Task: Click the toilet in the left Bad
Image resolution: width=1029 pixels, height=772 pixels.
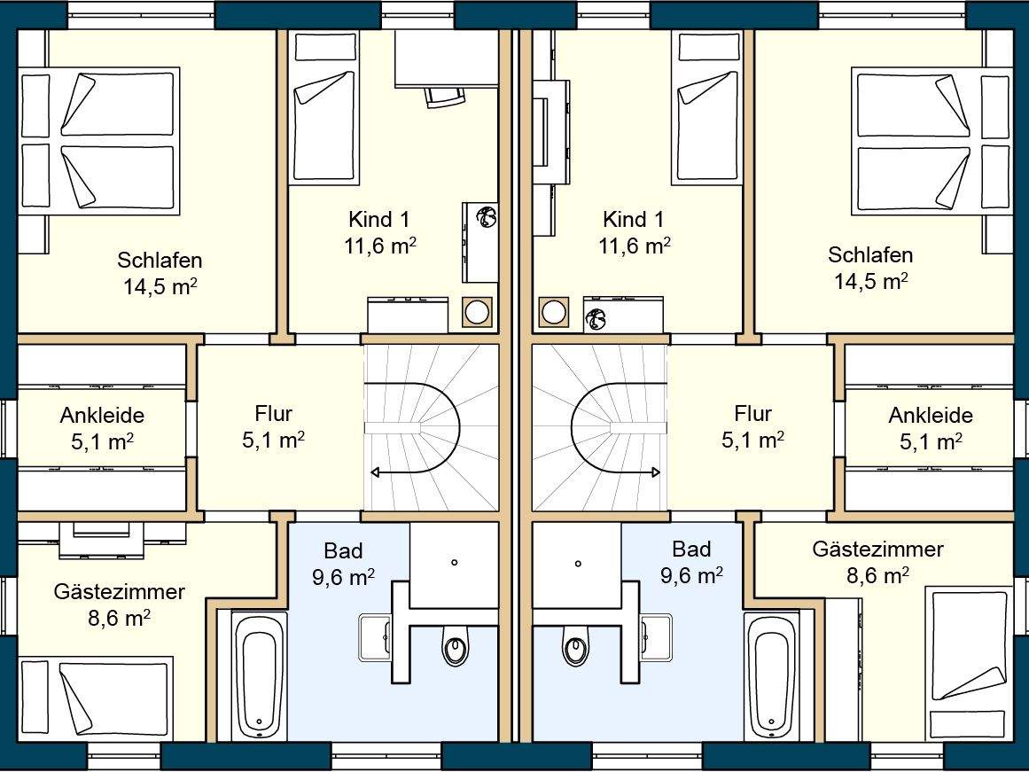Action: [456, 645]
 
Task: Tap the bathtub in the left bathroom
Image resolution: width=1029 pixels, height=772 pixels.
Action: [260, 676]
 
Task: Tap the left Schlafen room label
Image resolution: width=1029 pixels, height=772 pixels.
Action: [160, 260]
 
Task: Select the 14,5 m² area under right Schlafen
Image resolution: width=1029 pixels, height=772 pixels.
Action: [871, 281]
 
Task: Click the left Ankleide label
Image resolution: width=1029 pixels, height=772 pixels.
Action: [103, 415]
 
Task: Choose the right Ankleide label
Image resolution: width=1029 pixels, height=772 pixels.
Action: [931, 415]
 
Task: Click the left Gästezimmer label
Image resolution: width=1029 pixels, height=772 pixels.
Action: [120, 591]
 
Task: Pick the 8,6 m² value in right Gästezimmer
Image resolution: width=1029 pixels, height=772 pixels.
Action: [877, 576]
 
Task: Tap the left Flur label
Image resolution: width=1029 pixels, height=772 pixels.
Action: [274, 414]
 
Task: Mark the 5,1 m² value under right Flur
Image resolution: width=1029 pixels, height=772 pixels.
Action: [752, 440]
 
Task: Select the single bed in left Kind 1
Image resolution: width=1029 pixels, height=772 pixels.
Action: [324, 107]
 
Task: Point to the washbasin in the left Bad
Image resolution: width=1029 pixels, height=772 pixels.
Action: [376, 637]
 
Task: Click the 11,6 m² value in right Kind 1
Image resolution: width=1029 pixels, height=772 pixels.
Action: [634, 246]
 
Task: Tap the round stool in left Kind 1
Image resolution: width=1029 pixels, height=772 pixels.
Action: [477, 312]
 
